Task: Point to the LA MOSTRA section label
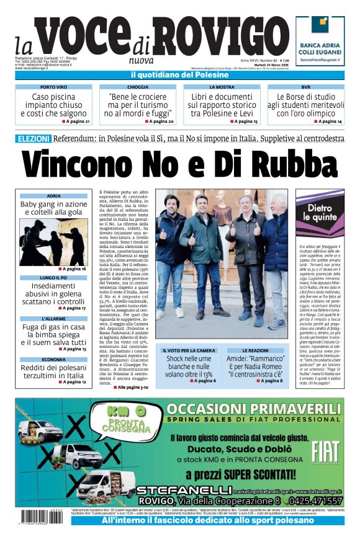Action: coord(222,87)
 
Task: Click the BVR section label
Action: coord(305,87)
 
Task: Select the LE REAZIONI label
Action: coord(255,350)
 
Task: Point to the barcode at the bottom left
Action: coord(42,515)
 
